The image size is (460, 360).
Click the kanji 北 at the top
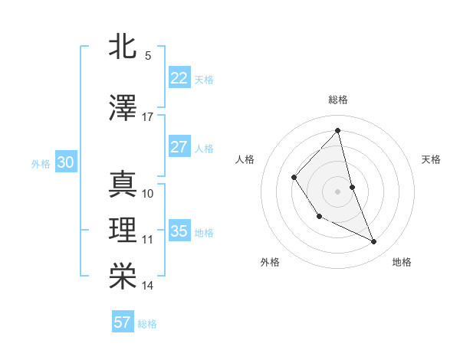click(x=123, y=47)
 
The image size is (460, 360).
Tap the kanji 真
click(x=123, y=185)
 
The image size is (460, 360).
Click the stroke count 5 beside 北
click(x=148, y=56)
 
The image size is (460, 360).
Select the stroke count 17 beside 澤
click(x=148, y=117)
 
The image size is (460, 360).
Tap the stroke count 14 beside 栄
click(x=148, y=286)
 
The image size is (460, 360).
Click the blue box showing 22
click(x=179, y=78)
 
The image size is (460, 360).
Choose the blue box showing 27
click(x=179, y=147)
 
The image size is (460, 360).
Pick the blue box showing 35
click(x=179, y=231)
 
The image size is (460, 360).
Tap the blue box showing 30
click(x=65, y=162)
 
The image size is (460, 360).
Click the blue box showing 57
click(x=123, y=322)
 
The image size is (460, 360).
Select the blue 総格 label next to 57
click(x=147, y=324)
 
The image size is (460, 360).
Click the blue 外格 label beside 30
click(x=41, y=163)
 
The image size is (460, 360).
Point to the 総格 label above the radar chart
click(x=337, y=100)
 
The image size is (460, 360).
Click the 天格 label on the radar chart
click(x=432, y=159)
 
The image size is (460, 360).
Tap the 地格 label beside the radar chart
click(x=402, y=262)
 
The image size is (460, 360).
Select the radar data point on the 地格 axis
click(x=374, y=242)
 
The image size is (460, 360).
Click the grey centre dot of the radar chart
click(x=337, y=191)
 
